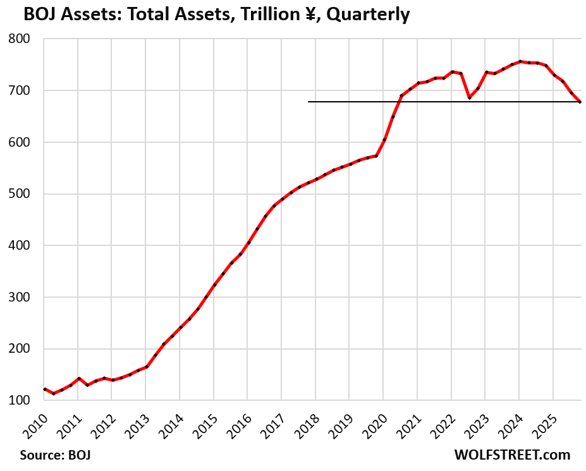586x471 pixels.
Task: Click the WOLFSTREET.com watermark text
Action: pyautogui.click(x=511, y=455)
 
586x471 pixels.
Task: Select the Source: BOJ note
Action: pyautogui.click(x=51, y=455)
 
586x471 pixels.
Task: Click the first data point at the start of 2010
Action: pyautogui.click(x=44, y=389)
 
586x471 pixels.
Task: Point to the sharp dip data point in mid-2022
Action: pyautogui.click(x=469, y=97)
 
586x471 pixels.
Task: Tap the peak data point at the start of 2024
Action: pyautogui.click(x=520, y=61)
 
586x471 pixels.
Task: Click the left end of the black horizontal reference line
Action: pyautogui.click(x=309, y=101)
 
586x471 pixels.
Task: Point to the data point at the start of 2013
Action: pyautogui.click(x=146, y=367)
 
